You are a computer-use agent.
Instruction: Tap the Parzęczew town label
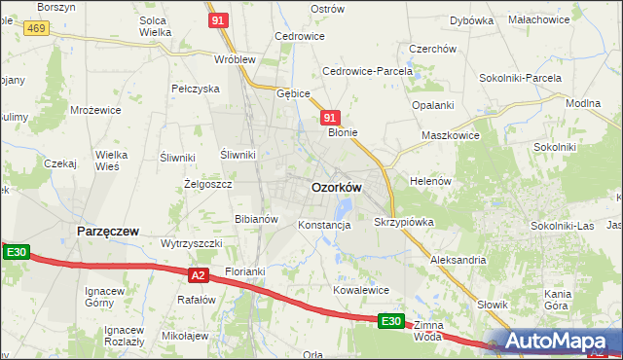click(107, 231)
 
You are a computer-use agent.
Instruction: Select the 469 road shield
click(37, 29)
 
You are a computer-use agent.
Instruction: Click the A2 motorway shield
click(198, 275)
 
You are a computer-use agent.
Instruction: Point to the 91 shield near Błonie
click(329, 118)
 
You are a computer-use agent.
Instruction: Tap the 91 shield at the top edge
click(218, 19)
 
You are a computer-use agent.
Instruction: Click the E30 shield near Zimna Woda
click(390, 321)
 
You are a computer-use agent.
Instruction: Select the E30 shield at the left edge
click(16, 253)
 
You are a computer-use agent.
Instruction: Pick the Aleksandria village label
click(458, 260)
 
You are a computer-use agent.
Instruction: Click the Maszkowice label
click(450, 135)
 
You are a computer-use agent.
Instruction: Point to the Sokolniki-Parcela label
click(521, 77)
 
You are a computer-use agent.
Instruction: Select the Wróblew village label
click(235, 58)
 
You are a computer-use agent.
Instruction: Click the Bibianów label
click(257, 219)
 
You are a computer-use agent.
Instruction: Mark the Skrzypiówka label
click(403, 222)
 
